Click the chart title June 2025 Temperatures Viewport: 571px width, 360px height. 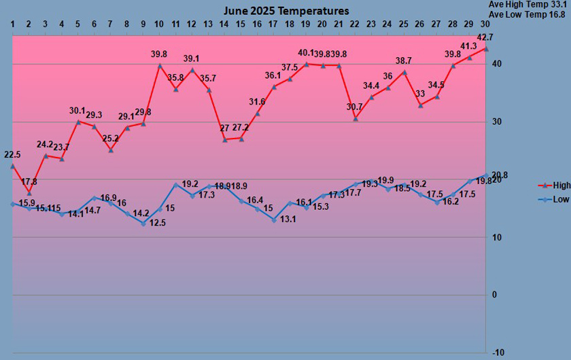coord(286,11)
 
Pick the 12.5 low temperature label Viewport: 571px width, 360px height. coord(158,222)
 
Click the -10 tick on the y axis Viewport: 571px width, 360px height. coord(498,352)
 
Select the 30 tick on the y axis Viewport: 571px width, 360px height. coord(498,122)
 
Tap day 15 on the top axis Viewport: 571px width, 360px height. coord(241,25)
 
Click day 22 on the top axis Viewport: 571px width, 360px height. coord(355,25)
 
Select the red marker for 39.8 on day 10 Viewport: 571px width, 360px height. coord(160,66)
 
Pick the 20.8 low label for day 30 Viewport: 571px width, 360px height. coord(501,175)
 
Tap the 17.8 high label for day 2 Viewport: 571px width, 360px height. coord(29,182)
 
